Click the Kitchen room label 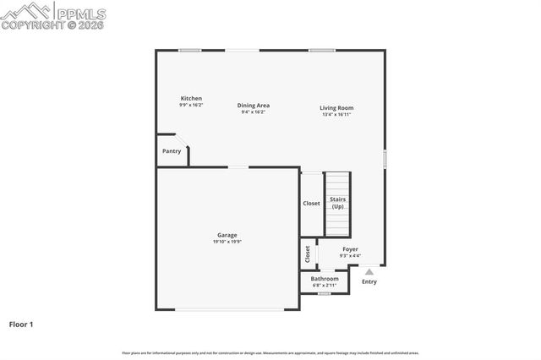(191, 98)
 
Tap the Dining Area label (254, 105)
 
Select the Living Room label (336, 107)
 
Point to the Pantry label (171, 151)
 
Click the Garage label (227, 235)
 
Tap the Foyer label (350, 249)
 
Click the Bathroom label (325, 278)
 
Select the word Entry (369, 281)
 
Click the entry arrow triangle (369, 271)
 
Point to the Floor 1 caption (21, 324)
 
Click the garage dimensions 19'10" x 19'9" (227, 242)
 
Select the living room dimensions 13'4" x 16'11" (336, 114)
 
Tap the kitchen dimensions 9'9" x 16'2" (191, 105)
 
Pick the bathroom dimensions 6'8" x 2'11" (325, 285)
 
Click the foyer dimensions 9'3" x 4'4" (350, 256)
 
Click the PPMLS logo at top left (52, 15)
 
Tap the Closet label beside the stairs (311, 203)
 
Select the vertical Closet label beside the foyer (307, 254)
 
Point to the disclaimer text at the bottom (270, 352)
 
